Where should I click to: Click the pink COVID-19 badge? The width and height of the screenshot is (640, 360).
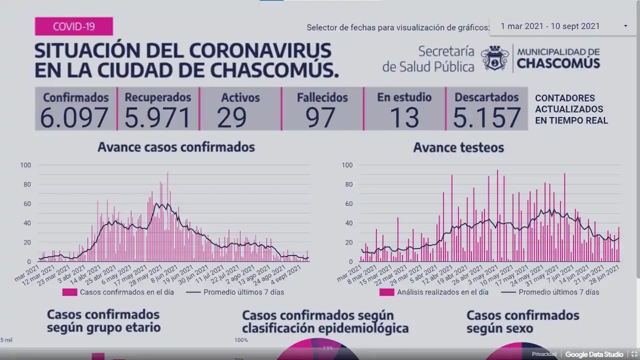click(73, 26)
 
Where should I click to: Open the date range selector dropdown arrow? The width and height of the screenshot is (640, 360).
click(625, 26)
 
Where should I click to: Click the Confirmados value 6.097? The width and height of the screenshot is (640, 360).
click(74, 117)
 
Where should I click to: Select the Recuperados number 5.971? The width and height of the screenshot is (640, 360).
click(157, 117)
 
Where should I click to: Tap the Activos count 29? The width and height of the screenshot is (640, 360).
click(232, 117)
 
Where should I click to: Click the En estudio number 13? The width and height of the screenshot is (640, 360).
click(404, 117)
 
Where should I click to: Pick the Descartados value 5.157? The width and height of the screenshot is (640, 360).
click(486, 117)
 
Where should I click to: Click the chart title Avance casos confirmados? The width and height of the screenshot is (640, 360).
click(176, 147)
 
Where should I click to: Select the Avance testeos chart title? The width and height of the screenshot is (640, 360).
click(458, 147)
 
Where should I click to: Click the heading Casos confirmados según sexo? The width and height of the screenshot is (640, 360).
click(522, 321)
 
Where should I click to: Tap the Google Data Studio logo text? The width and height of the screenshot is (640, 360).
click(594, 354)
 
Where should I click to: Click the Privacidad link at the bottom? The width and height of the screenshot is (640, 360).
click(544, 354)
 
